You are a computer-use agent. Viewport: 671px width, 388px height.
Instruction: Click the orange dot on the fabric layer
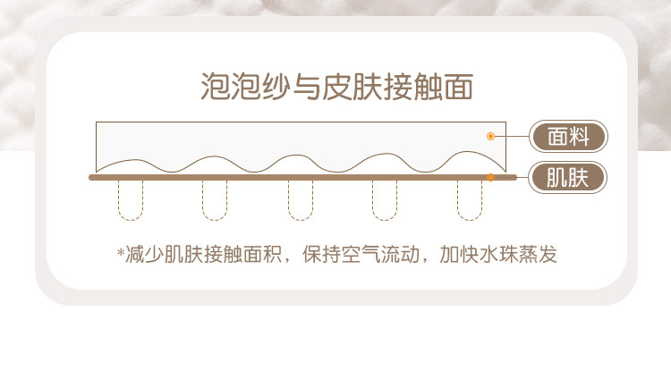(x=490, y=136)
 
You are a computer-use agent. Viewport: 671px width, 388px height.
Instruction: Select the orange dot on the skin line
(x=490, y=178)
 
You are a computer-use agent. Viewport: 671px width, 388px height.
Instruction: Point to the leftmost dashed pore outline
(x=130, y=200)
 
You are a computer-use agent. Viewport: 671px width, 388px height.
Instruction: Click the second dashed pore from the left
(x=215, y=200)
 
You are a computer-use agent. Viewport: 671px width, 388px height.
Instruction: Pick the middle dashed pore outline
(x=301, y=200)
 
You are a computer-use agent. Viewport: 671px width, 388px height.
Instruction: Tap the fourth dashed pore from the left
(x=385, y=200)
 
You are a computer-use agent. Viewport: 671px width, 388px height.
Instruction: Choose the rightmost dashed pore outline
(x=470, y=200)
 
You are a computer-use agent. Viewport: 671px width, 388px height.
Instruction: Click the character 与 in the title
(x=306, y=87)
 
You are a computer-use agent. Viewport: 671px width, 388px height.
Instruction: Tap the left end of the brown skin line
(x=92, y=178)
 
